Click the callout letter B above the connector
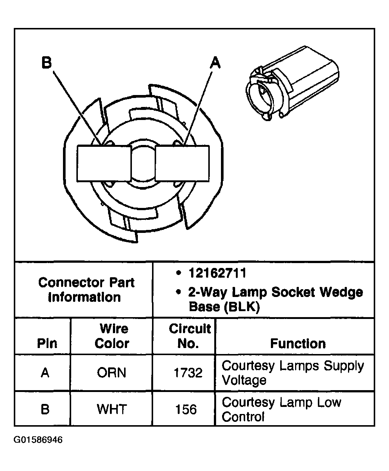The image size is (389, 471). (46, 63)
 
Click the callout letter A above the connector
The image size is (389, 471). (215, 63)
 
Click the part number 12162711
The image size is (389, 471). (217, 273)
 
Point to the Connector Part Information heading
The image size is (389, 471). (86, 290)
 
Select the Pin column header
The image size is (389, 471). (47, 343)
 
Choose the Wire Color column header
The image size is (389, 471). (112, 336)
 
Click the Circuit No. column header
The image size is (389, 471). (189, 336)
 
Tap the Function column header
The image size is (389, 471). (298, 343)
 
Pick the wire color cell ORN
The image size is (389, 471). (111, 373)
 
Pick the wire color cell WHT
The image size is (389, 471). (112, 409)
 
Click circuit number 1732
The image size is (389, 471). (188, 373)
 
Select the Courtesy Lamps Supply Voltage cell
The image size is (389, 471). (292, 373)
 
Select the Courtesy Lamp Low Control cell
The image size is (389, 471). (281, 409)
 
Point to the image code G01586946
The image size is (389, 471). (38, 440)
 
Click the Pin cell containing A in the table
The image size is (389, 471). (45, 373)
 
